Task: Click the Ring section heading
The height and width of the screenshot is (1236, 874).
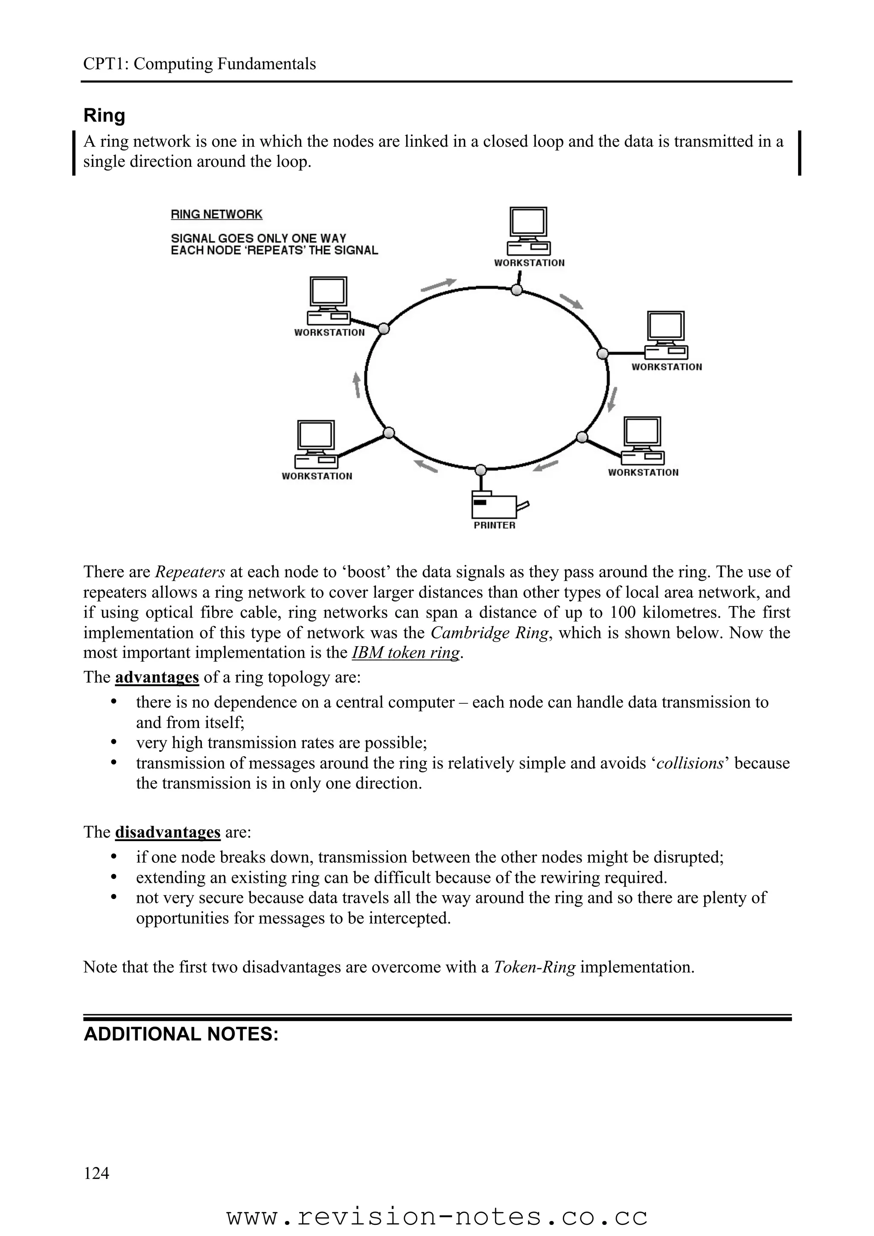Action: click(105, 116)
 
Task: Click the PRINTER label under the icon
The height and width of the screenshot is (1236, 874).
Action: click(494, 525)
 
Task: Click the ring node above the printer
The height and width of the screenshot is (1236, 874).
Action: click(481, 470)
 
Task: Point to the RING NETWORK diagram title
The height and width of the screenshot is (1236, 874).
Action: click(216, 214)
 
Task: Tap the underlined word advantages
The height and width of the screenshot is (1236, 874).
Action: click(157, 677)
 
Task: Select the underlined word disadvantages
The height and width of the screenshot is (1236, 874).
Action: click(167, 832)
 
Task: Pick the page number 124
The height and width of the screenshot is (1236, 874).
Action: click(96, 1172)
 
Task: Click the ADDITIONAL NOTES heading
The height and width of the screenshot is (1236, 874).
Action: click(181, 1034)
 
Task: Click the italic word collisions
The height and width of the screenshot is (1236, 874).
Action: click(690, 763)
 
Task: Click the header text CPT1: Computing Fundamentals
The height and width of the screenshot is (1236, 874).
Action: click(199, 64)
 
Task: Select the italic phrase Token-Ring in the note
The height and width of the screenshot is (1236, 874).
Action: click(534, 967)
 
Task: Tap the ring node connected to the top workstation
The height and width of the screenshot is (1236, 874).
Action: click(516, 290)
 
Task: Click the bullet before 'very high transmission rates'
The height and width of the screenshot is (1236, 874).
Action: click(113, 743)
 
